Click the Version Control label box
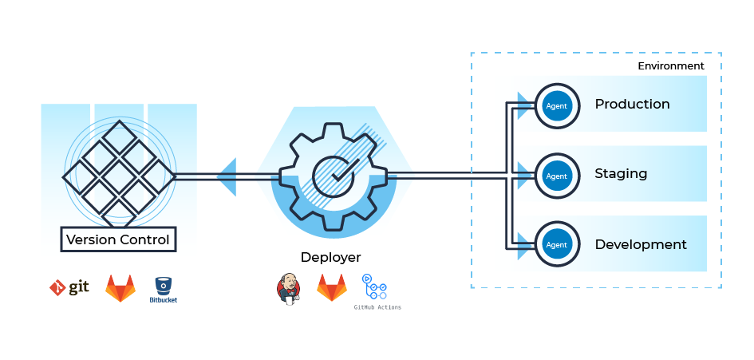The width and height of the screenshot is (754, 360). click(x=118, y=239)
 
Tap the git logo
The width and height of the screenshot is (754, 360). click(x=69, y=287)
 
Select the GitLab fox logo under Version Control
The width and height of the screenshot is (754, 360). click(x=120, y=288)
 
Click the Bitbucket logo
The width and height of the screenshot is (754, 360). click(x=164, y=289)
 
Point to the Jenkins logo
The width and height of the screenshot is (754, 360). click(x=288, y=288)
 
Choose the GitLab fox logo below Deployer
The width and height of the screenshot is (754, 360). click(x=332, y=288)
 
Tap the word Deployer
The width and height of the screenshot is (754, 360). click(x=330, y=257)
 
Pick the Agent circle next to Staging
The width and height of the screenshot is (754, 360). click(x=556, y=176)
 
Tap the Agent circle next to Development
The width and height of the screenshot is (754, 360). click(x=556, y=244)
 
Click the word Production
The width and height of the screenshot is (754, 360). click(x=632, y=105)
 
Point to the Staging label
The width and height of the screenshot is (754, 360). click(x=621, y=174)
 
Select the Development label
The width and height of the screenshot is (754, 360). click(x=641, y=244)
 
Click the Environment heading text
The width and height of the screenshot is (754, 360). click(x=670, y=66)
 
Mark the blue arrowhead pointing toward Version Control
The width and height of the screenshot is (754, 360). click(x=227, y=176)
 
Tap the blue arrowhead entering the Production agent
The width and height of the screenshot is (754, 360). click(x=524, y=105)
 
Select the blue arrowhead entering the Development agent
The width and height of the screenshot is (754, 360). click(x=524, y=243)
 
